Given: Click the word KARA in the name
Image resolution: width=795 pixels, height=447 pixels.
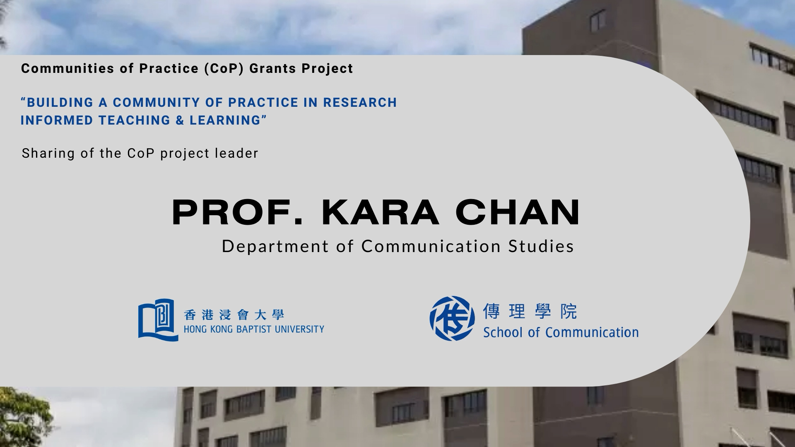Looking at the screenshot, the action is (380, 212).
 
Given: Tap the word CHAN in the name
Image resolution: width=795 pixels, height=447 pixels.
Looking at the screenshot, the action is (518, 212).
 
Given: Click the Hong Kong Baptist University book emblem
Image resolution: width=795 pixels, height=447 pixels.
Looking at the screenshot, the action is (158, 320).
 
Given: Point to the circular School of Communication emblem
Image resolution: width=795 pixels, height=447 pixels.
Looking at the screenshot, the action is (452, 318).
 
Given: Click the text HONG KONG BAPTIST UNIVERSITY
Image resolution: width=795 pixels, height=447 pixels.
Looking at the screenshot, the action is (254, 329).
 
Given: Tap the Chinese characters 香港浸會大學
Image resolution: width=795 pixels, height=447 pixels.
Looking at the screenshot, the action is (234, 315).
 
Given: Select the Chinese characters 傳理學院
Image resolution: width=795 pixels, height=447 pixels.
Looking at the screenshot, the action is (530, 312).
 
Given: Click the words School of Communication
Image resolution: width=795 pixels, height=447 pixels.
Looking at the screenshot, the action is (561, 332).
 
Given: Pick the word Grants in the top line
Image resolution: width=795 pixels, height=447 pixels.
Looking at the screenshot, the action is (273, 69).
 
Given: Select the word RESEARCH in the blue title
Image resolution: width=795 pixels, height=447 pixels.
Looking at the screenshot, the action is (360, 103).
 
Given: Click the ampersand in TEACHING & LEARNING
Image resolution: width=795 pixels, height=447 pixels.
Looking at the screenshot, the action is (180, 120).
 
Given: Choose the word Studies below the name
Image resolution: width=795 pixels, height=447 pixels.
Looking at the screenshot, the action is (541, 246).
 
